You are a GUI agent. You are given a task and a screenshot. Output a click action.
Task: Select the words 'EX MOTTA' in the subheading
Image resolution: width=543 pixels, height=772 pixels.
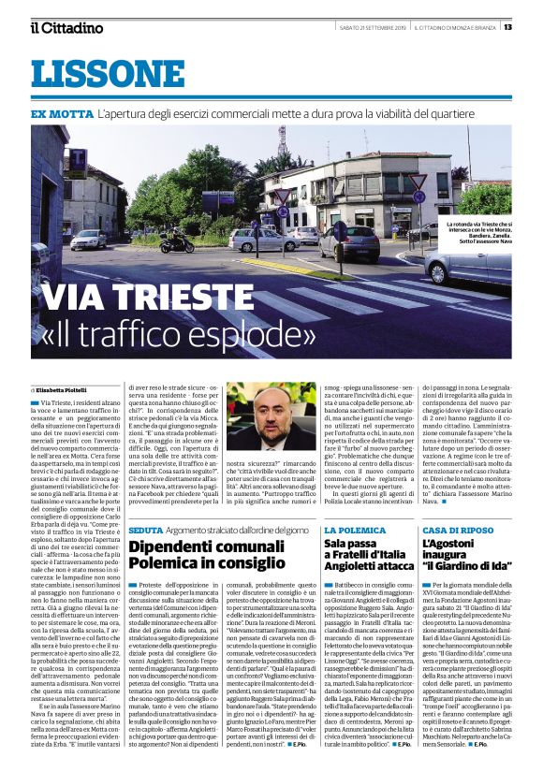60,114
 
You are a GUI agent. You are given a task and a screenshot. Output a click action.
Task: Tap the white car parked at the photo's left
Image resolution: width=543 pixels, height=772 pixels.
87,240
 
